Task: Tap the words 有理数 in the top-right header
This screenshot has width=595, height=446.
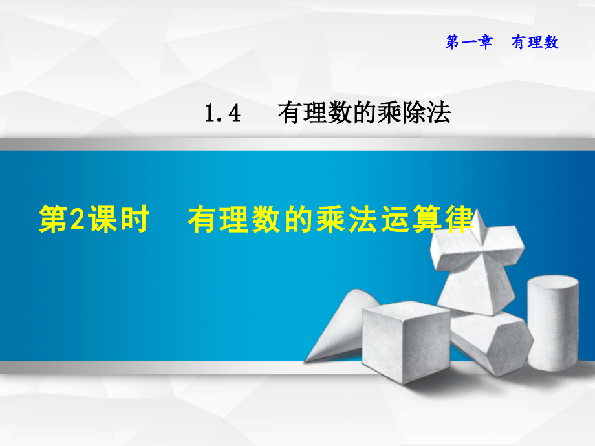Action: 534,43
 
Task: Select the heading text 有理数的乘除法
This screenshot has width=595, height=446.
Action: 364,114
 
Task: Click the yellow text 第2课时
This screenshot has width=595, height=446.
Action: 94,220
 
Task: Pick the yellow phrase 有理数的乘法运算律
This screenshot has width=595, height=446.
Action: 330,220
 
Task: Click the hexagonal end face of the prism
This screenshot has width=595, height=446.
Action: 504,346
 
